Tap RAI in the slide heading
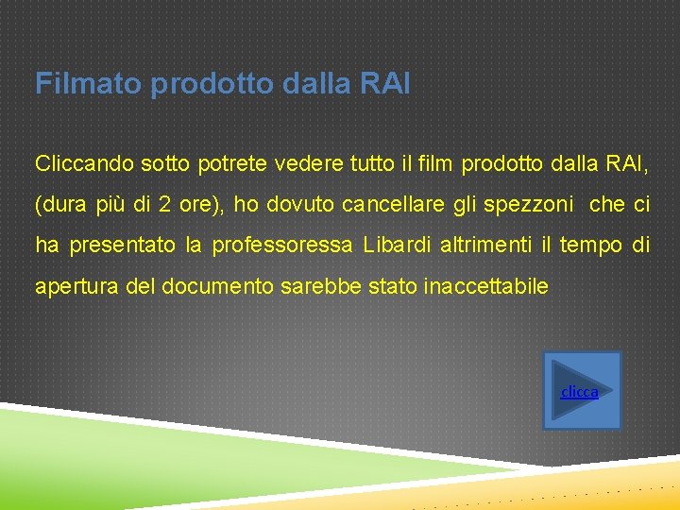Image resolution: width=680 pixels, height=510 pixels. coord(385,84)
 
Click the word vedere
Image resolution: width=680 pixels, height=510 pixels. coord(308,163)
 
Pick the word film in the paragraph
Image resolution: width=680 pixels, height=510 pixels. coord(433,163)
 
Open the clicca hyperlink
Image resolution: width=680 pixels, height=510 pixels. coord(579,391)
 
